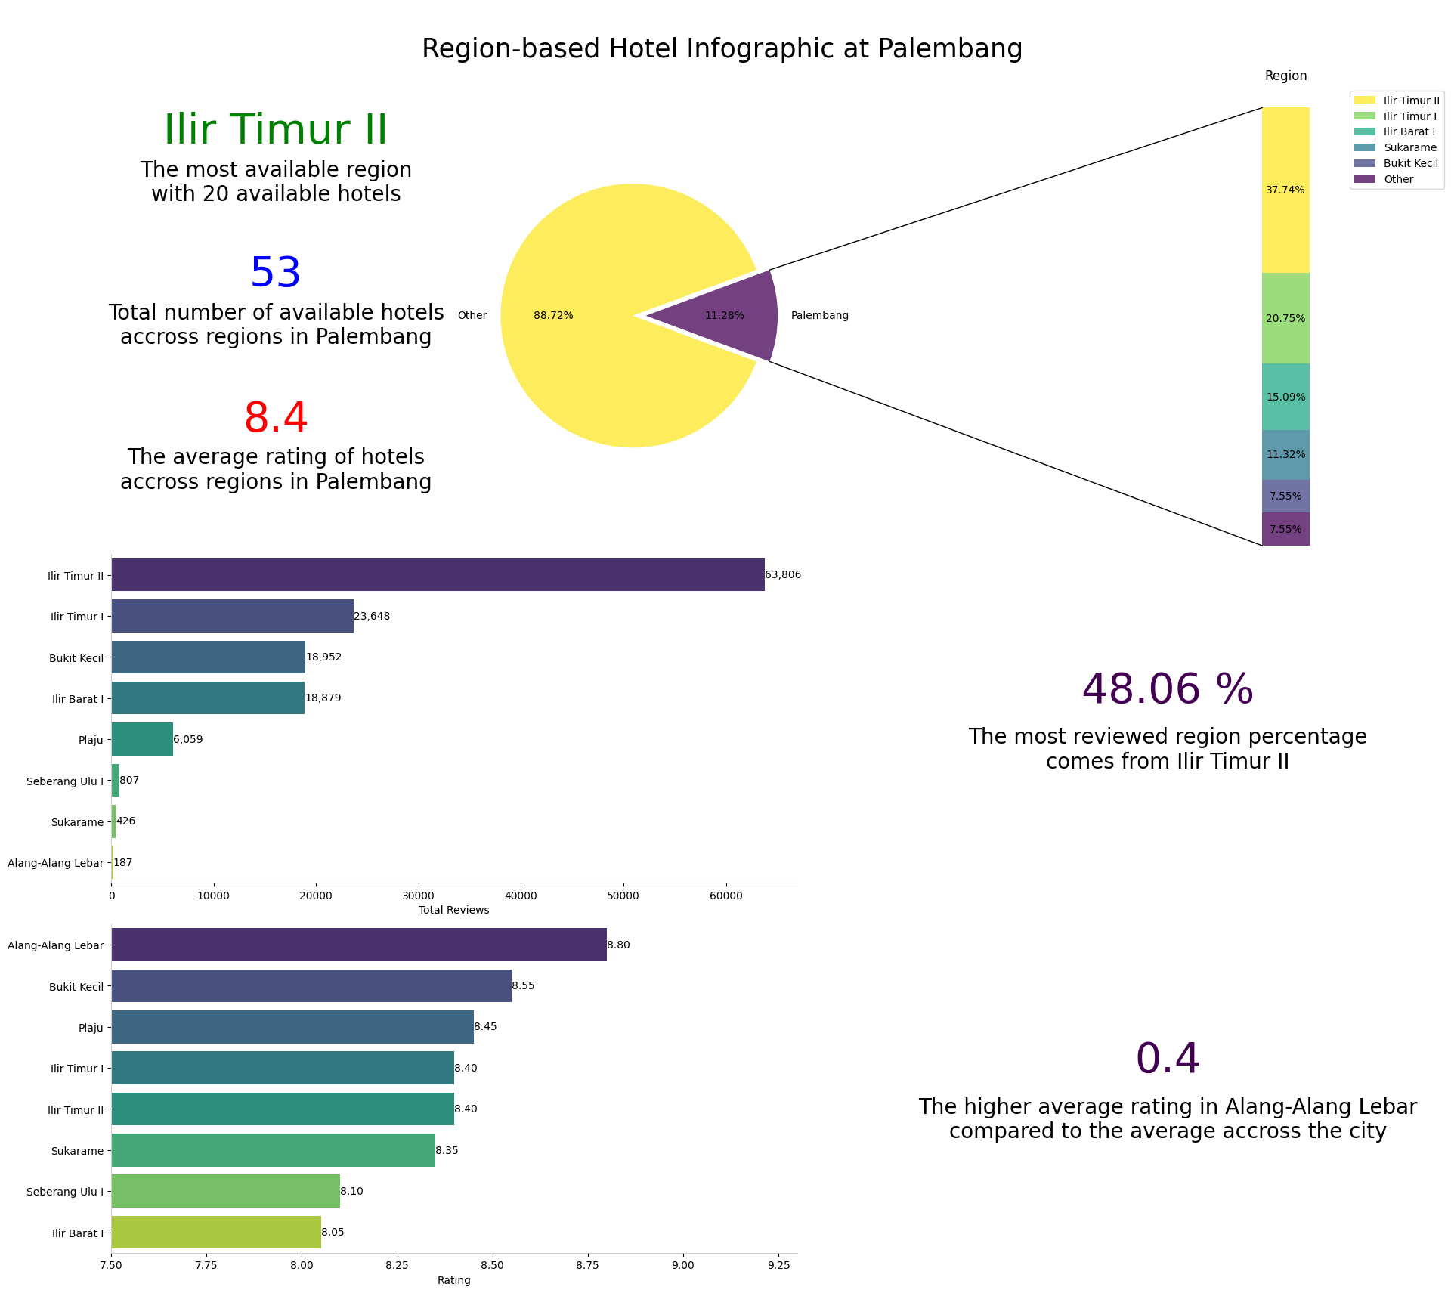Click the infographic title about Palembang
(722, 49)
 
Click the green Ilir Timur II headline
(276, 130)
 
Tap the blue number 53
(276, 273)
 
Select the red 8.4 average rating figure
(276, 418)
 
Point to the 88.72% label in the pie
(553, 316)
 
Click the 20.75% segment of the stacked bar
(1285, 318)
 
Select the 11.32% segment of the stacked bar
(1285, 454)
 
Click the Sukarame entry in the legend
(1409, 147)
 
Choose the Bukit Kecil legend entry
(1410, 163)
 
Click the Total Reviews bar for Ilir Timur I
(232, 616)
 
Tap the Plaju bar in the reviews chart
(142, 739)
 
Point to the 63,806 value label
(783, 575)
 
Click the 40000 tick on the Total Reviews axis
(521, 896)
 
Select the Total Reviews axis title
(453, 910)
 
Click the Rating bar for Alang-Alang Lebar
(359, 945)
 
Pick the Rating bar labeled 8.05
(216, 1232)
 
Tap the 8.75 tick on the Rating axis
(587, 1266)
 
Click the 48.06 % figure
(1167, 689)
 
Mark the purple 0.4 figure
(1167, 1059)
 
